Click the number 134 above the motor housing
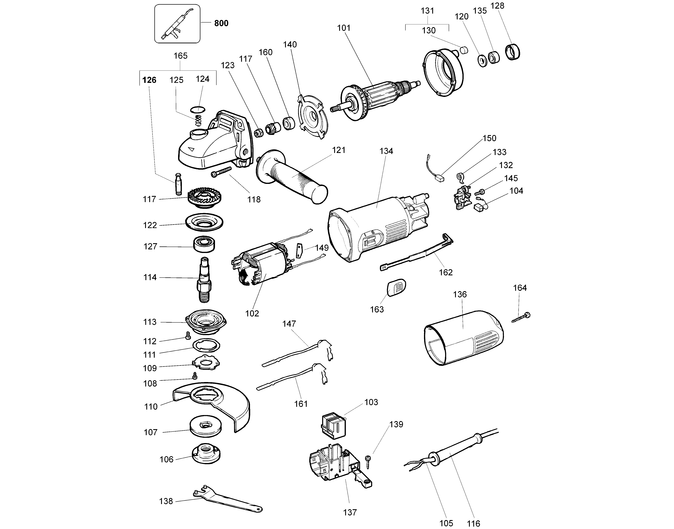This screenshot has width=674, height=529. click(386, 151)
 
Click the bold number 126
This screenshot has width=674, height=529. click(149, 80)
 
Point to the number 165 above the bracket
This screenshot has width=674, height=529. click(180, 56)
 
